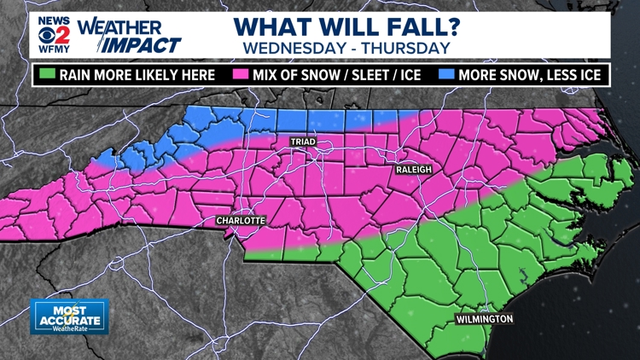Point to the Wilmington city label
pos(484,319)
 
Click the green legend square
pos(46,75)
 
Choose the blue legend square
pos(445,75)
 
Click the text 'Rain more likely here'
pos(137,75)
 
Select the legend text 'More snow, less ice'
pos(530,75)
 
